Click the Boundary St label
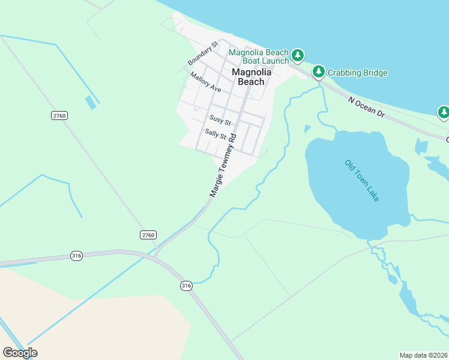202,54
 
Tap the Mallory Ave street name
206,82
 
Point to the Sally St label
215,133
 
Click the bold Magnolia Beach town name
252,77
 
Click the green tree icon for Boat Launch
298,56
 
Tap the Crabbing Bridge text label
358,73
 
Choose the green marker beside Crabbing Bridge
318,73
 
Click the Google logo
20,353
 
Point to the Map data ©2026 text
424,355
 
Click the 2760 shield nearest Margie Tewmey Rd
148,234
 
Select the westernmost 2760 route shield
59,115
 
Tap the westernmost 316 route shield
76,254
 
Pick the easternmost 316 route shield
186,286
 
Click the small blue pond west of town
91,102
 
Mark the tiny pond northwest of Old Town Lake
308,128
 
